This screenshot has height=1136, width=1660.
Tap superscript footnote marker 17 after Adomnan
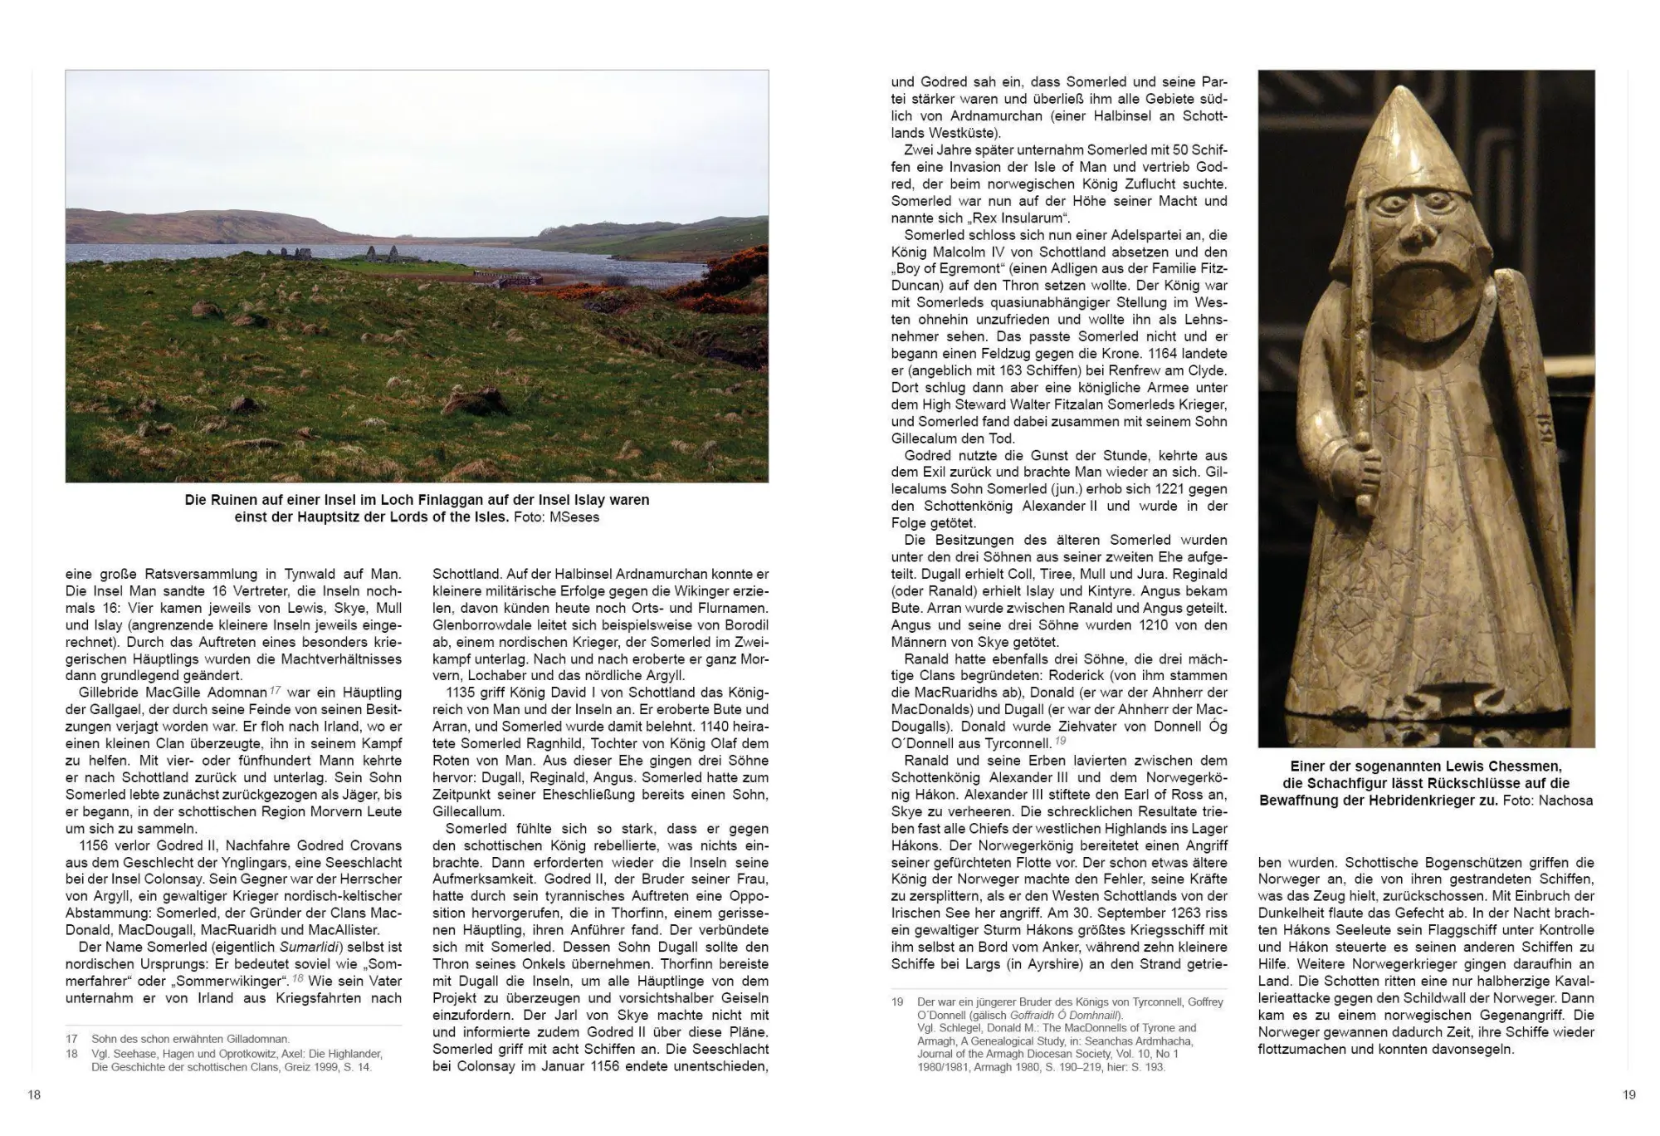coord(276,689)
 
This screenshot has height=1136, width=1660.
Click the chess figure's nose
coord(1418,237)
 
